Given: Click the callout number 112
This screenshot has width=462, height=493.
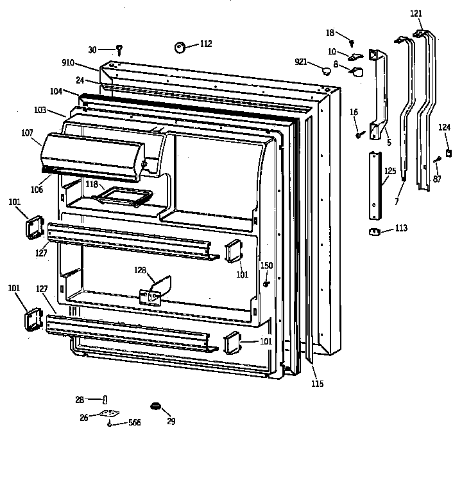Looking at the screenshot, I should (205, 44).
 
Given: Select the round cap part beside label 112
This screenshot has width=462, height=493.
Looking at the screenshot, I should (180, 46).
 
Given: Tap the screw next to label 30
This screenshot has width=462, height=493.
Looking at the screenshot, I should (119, 49).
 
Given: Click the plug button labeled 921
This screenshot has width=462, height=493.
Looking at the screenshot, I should (327, 68).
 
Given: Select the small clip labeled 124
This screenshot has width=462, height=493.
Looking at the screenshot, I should (449, 152).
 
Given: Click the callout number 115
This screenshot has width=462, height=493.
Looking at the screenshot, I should (318, 384).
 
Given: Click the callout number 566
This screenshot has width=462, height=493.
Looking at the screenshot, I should (133, 422).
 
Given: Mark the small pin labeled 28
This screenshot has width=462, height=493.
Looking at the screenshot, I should (105, 400).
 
